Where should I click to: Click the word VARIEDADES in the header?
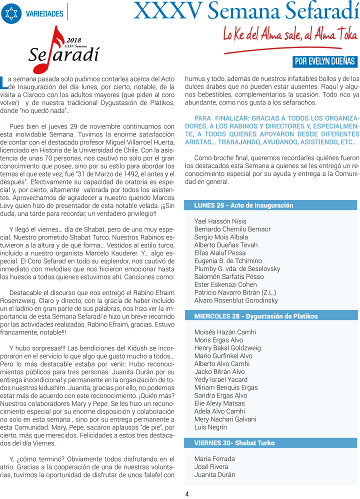44,14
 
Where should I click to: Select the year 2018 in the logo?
73,39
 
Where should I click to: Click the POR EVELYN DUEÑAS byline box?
325,61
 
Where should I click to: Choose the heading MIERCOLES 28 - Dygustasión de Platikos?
255,316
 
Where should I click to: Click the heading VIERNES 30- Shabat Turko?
234,443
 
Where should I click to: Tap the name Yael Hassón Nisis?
220,221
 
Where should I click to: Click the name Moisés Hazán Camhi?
224,332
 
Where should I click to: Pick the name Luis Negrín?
210,427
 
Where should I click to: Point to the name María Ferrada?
214,458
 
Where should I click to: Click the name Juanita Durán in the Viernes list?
214,474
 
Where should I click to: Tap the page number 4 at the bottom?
186,493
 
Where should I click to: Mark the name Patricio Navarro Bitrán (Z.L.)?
235,292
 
